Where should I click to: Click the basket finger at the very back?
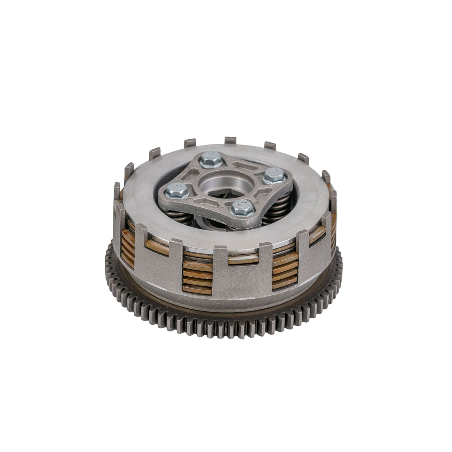click(230, 142)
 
